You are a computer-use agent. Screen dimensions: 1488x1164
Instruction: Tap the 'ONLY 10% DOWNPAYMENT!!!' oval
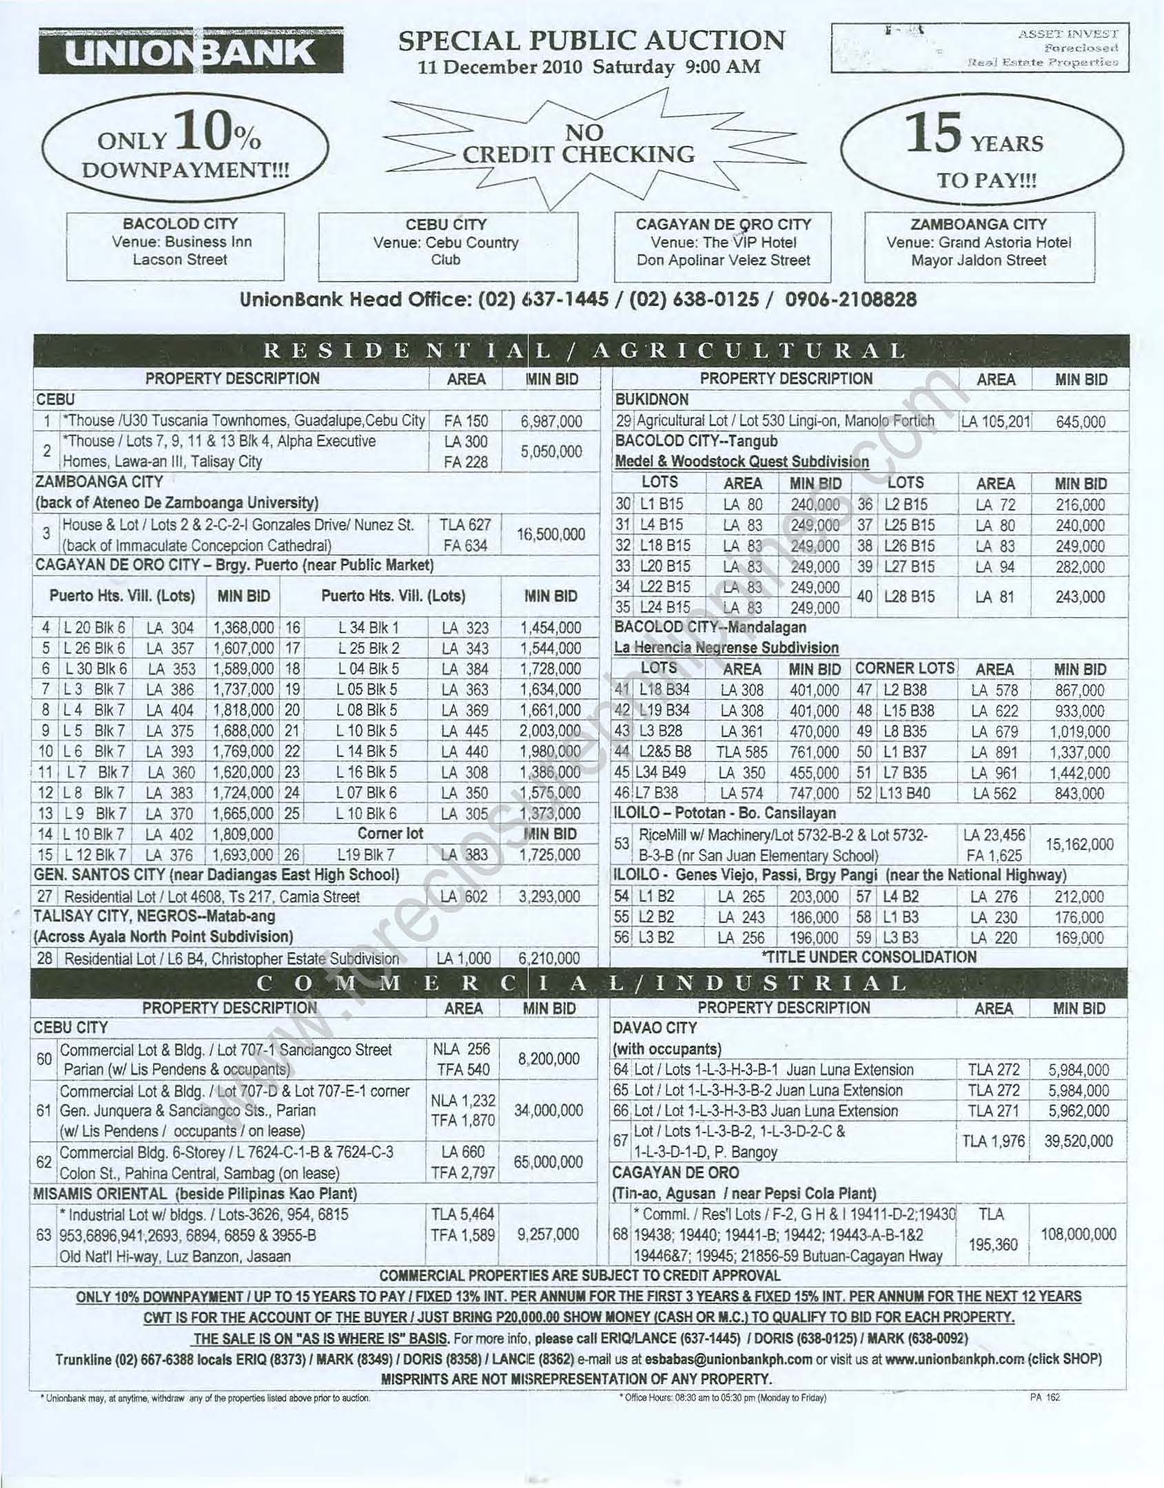coord(185,150)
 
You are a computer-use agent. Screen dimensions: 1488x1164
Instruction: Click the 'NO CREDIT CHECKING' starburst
coord(579,145)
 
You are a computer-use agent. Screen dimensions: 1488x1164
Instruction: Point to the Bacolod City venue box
coord(176,245)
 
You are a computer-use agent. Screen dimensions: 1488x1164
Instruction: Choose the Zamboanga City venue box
coord(979,246)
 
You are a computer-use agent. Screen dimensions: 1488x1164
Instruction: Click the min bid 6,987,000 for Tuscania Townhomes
coord(551,422)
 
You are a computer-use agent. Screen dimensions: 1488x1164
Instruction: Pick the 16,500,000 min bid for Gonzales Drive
coord(551,535)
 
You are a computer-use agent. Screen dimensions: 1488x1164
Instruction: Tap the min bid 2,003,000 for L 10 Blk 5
coord(551,731)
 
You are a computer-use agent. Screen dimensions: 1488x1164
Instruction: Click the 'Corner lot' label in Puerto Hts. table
coord(390,834)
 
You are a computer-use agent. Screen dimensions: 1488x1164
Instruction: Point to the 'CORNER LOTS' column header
coord(904,668)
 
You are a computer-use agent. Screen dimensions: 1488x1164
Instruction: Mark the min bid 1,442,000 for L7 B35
coord(1079,773)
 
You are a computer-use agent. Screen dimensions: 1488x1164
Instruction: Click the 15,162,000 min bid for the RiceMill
coord(1079,845)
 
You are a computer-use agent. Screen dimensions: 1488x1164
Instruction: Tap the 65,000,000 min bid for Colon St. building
coord(549,1161)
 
